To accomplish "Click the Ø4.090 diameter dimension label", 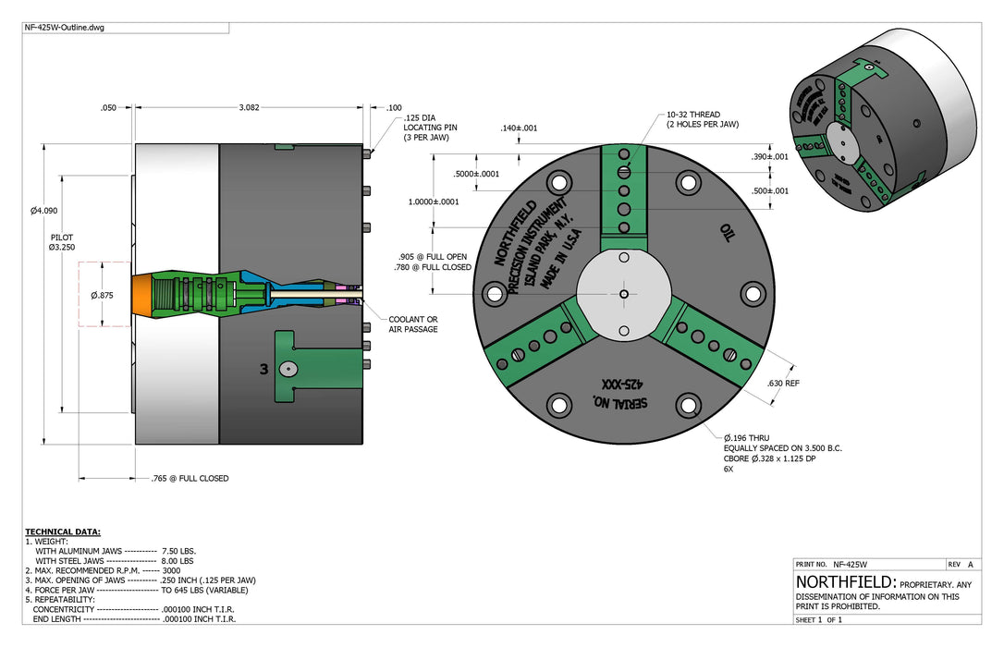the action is (x=44, y=211).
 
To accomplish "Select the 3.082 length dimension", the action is (x=249, y=107).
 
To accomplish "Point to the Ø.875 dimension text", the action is (x=102, y=295).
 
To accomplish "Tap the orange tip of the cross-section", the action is (x=142, y=294).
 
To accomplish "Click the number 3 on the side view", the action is (x=263, y=370).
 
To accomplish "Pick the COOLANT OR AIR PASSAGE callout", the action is (x=413, y=323).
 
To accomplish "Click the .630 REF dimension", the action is (x=783, y=384).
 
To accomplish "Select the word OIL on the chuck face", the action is (x=726, y=233).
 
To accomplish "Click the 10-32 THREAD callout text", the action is (x=693, y=115).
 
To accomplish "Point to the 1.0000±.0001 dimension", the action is (x=434, y=201).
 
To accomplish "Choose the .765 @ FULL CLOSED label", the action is (x=190, y=478).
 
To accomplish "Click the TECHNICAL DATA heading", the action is (x=63, y=531).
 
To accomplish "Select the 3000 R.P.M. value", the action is (x=172, y=570).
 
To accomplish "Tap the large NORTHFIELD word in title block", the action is (x=845, y=581).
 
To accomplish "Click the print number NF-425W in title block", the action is (x=850, y=565).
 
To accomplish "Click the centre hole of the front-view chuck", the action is (x=624, y=294).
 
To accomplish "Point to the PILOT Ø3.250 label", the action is (x=62, y=242).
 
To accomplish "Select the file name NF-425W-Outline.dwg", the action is (x=65, y=28).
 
